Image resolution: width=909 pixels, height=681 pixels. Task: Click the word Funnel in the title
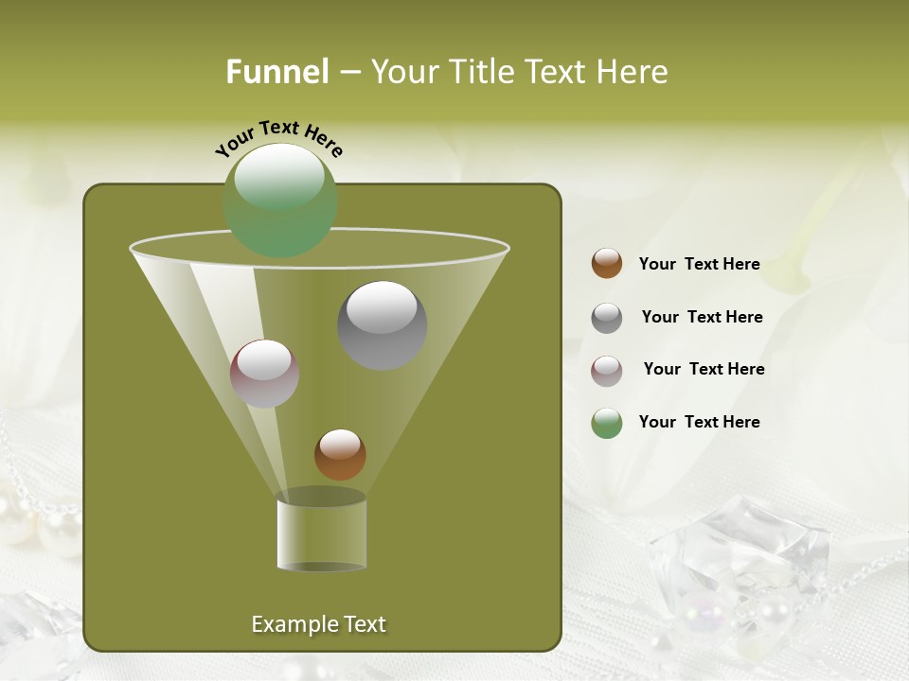(276, 72)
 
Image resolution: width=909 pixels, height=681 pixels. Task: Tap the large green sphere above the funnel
(280, 201)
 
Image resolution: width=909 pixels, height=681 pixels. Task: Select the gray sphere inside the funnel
(383, 325)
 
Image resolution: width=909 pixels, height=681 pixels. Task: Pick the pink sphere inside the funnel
(265, 374)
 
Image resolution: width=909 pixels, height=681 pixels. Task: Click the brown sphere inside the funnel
(340, 455)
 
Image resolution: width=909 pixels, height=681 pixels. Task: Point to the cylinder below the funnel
(322, 533)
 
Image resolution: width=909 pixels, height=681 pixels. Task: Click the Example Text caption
(319, 624)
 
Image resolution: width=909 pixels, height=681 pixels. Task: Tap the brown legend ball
(607, 264)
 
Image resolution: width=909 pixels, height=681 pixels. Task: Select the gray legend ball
(607, 318)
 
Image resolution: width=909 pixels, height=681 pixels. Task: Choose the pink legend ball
(607, 371)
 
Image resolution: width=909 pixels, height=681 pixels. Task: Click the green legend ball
(607, 424)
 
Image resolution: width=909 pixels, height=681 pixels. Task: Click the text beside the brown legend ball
(699, 264)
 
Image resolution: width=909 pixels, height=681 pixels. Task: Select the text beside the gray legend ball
(702, 317)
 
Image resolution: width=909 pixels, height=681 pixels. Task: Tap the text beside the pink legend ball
(704, 369)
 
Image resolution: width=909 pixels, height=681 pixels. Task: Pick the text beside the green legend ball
(699, 422)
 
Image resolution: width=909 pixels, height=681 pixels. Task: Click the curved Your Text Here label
(278, 137)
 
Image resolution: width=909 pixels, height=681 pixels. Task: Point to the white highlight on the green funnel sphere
(279, 178)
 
